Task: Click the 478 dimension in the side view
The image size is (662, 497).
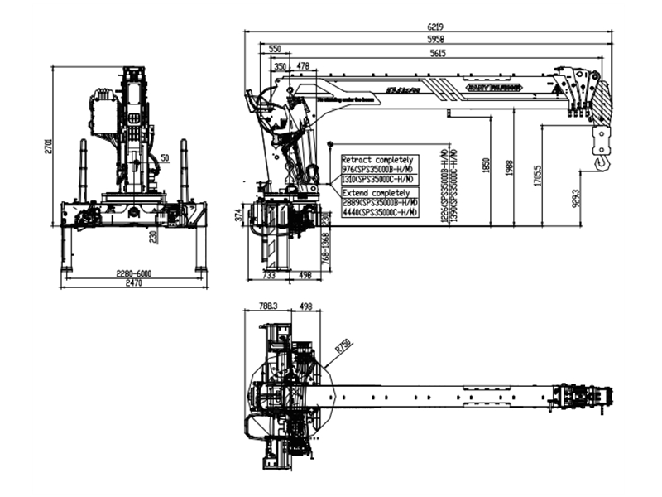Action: tap(303, 66)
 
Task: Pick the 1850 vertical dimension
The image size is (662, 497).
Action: tap(485, 168)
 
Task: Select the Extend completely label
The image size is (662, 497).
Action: tap(375, 192)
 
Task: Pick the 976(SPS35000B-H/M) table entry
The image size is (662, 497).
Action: tap(380, 168)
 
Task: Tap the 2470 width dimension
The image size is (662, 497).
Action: tap(133, 284)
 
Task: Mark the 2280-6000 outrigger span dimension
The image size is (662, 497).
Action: tap(132, 274)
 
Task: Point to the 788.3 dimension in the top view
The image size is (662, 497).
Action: tap(266, 305)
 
